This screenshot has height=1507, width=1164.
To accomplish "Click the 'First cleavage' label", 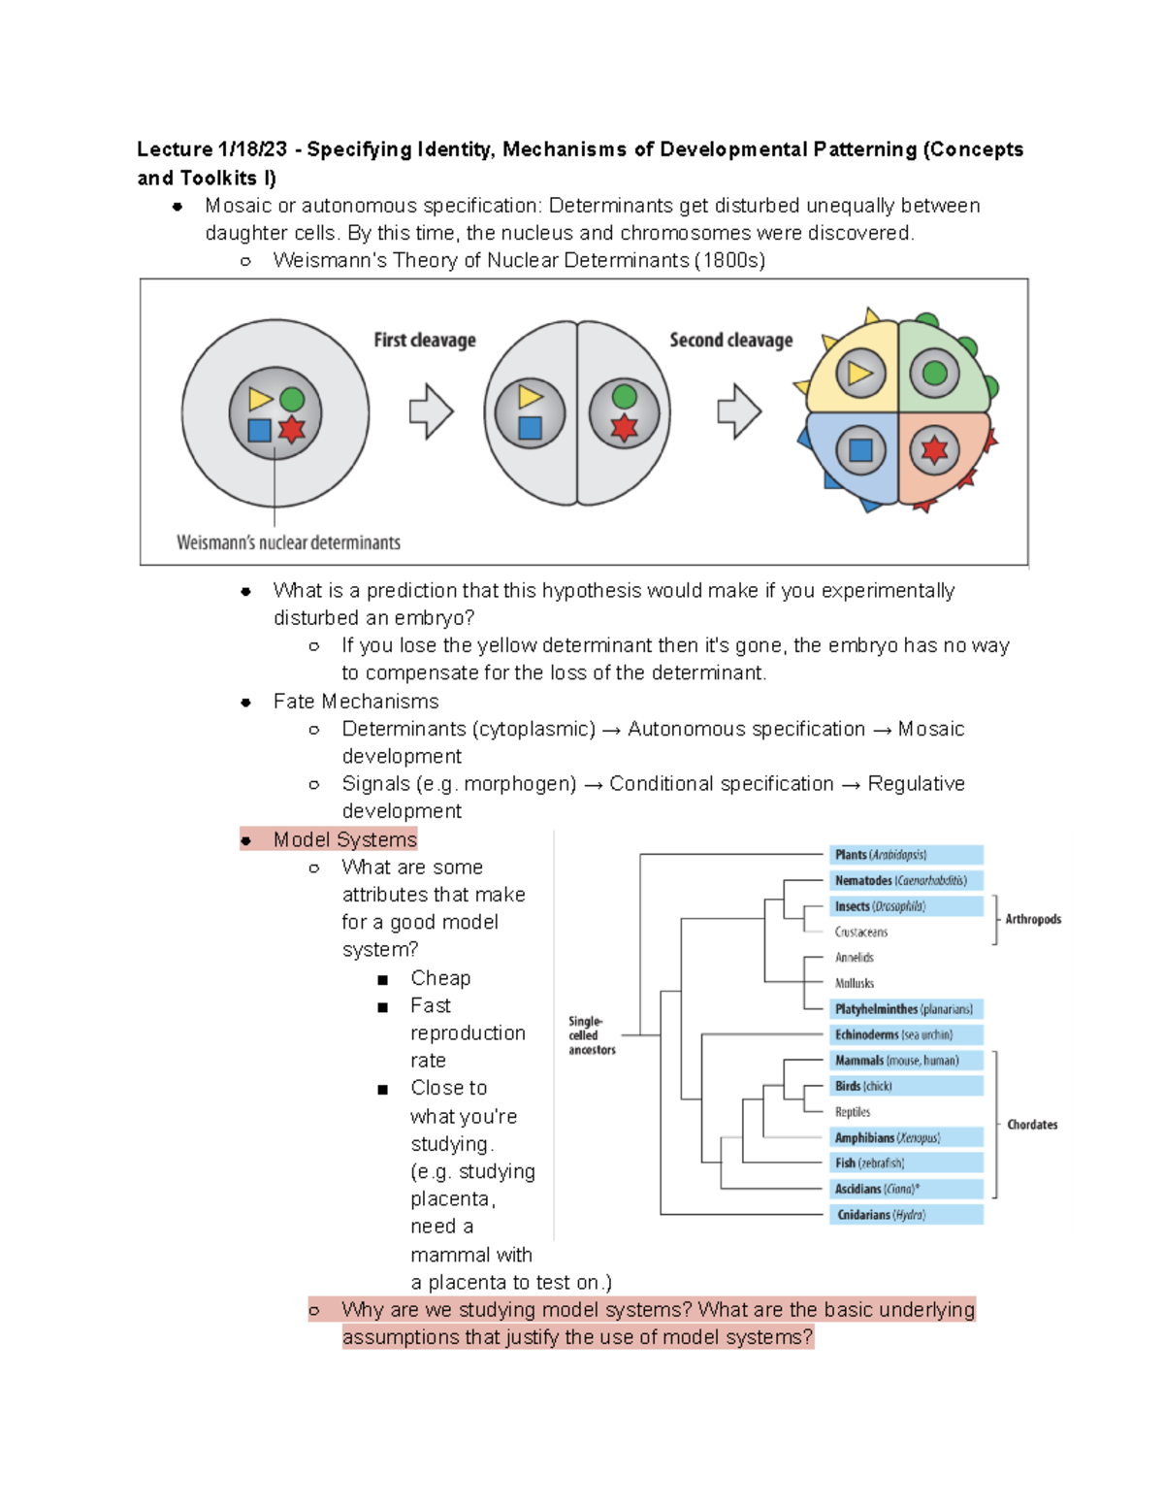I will point(425,341).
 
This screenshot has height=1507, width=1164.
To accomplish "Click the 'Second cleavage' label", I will point(730,341).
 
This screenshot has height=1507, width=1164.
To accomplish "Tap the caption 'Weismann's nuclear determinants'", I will point(288,542).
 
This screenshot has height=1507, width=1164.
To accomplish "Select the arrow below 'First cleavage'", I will point(432,411).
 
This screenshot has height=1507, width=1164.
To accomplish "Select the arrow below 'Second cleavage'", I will point(739,411).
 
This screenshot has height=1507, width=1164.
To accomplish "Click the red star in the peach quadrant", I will point(934,450).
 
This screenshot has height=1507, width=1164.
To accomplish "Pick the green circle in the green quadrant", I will point(934,373).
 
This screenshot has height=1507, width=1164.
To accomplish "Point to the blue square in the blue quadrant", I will point(860,450).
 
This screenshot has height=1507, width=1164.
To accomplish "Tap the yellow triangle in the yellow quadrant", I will point(859,373).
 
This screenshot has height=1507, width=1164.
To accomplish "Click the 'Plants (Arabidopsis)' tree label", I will point(881,855).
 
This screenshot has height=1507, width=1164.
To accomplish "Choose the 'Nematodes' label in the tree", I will point(900,881).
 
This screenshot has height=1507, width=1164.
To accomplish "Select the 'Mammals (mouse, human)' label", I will point(896,1061).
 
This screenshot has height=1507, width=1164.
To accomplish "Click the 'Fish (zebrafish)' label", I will point(869,1163).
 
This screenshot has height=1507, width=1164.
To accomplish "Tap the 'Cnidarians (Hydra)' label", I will point(881,1215).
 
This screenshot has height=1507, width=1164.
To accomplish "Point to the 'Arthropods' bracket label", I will point(1033,919).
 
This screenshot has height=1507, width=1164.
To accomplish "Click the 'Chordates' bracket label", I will point(1032,1125).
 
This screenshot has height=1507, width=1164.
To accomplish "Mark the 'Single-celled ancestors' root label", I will point(591,1035).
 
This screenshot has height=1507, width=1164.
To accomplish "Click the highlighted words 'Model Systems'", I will point(344,839).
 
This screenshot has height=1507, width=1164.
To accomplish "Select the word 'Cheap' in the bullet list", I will point(440,978).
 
